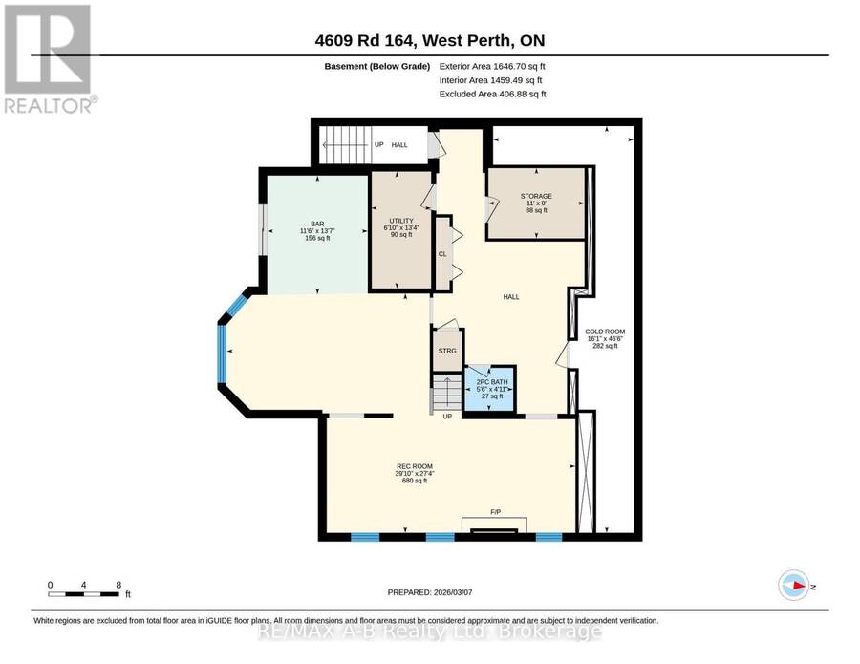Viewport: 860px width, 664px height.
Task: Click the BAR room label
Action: (x=317, y=224)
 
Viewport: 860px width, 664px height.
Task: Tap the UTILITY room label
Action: (x=401, y=221)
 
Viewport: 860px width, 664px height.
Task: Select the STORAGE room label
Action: (x=536, y=196)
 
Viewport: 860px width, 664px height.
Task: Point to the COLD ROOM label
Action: (x=605, y=332)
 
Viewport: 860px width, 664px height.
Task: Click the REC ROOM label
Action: (x=415, y=466)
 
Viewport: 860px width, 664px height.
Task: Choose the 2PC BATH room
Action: (x=490, y=388)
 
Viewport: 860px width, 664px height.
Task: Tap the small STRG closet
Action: (x=447, y=351)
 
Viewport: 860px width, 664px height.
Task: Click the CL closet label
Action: (x=442, y=254)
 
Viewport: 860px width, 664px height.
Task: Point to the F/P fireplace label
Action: (x=495, y=512)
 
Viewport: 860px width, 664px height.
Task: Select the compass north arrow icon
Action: (x=794, y=586)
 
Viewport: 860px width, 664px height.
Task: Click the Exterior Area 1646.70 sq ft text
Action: (x=492, y=66)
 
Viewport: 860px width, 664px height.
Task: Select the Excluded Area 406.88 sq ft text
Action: (x=492, y=94)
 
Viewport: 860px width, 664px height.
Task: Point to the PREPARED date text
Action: (x=430, y=592)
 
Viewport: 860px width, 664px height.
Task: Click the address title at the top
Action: (x=430, y=40)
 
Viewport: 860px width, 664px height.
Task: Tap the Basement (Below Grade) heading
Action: (x=377, y=66)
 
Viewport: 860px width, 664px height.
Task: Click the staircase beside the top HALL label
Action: (x=345, y=145)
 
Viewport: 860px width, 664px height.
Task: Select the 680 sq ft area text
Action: (x=415, y=481)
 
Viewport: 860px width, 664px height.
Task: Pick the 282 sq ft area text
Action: (x=605, y=346)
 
